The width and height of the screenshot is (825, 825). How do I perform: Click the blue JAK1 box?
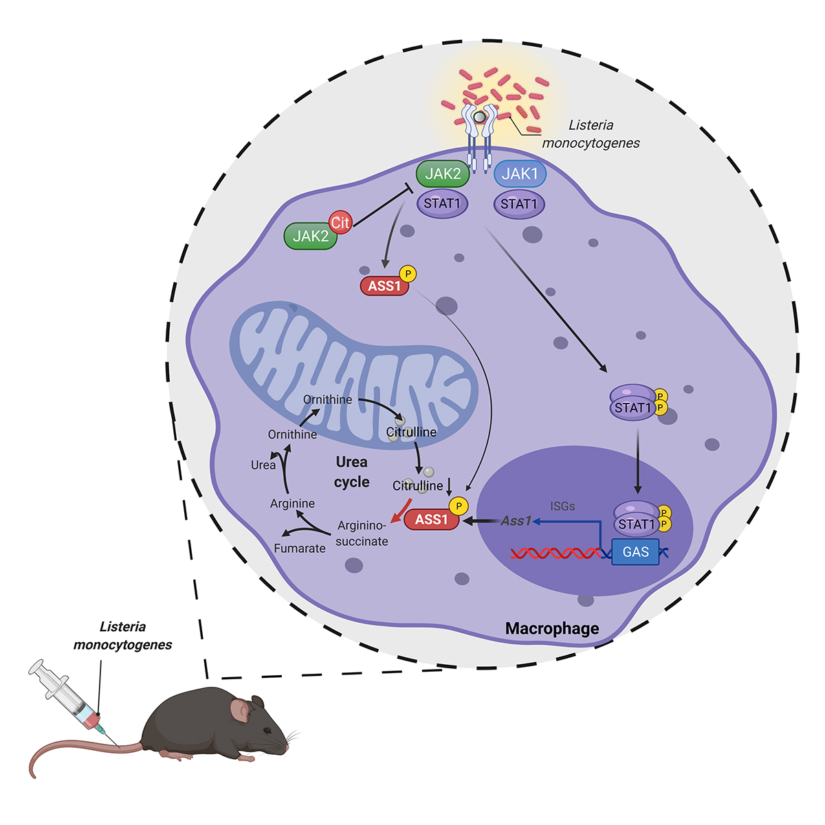coord(520,174)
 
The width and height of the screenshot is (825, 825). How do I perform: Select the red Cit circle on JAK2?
coord(340,222)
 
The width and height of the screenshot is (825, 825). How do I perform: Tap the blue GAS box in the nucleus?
coord(635,551)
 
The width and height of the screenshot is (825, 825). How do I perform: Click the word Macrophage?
coord(552,628)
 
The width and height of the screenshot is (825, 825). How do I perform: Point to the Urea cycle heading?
coord(352,472)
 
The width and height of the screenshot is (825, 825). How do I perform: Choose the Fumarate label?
coord(300,548)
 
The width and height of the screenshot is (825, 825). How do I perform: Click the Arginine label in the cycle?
coord(292,503)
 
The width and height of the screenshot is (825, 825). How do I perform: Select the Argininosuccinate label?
coord(362,533)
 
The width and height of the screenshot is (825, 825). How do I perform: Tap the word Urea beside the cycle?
coord(263,465)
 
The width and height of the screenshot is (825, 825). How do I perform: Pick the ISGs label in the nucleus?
coord(562,506)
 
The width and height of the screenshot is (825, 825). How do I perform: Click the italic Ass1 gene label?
coord(516,520)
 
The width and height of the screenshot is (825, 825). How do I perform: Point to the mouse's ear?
coord(240,709)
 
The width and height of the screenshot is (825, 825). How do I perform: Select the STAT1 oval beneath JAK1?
coord(519,204)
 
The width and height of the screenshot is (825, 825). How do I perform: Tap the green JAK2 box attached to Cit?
coord(310,236)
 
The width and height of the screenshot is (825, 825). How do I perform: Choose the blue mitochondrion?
coord(351,371)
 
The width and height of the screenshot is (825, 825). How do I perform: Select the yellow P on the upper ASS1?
coord(408,274)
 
